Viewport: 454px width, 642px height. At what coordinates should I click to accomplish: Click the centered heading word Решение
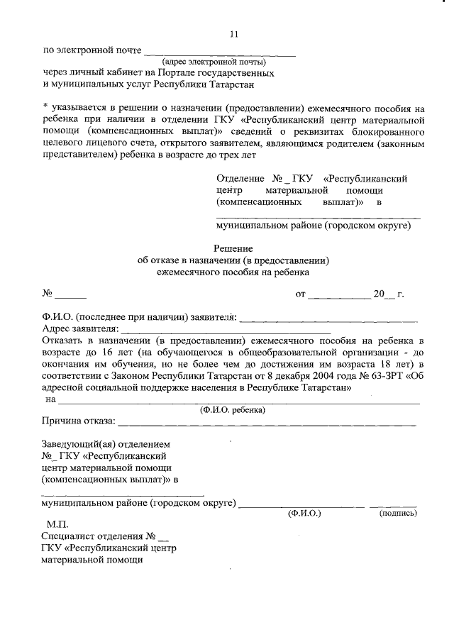233,248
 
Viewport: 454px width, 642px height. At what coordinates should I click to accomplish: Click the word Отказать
65,341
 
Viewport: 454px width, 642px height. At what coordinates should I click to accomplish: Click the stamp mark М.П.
58,524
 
